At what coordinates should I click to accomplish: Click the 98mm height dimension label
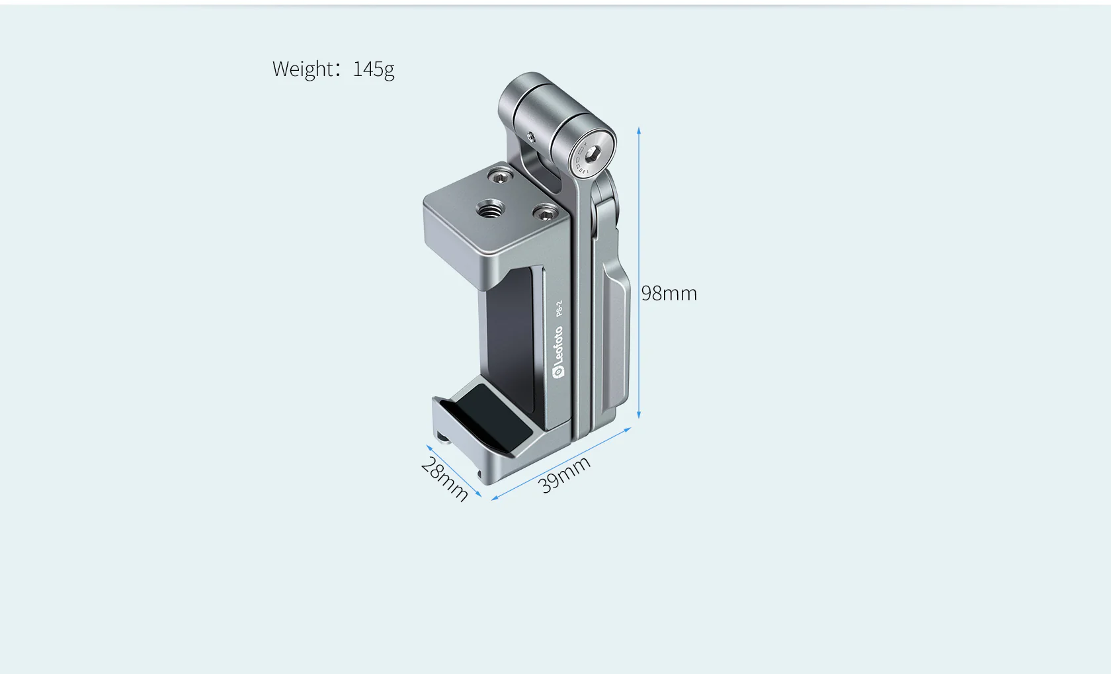[x=669, y=293]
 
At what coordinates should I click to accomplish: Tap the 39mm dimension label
[x=564, y=474]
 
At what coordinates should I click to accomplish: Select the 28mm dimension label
[x=444, y=480]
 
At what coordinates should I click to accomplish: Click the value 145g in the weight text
[x=374, y=69]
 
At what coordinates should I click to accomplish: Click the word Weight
[x=303, y=69]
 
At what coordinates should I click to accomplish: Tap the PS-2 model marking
[x=559, y=308]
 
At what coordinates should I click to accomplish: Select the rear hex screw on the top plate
[x=501, y=176]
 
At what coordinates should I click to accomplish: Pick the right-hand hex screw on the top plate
[x=546, y=213]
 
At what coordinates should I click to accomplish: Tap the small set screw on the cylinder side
[x=531, y=138]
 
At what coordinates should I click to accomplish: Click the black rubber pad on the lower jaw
[x=496, y=417]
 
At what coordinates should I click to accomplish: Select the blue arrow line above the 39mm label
[x=562, y=463]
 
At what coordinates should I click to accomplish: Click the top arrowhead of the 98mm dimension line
[x=639, y=131]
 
